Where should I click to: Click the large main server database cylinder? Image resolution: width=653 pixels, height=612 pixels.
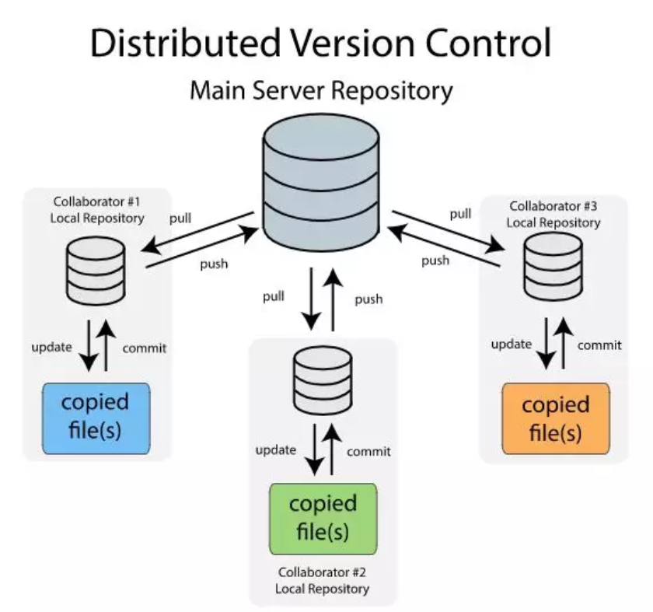(321, 184)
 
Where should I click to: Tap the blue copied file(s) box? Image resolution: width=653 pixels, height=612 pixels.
(96, 417)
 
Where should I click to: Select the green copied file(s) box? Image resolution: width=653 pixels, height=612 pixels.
(323, 517)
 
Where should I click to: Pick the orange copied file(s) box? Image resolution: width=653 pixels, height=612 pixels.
(556, 418)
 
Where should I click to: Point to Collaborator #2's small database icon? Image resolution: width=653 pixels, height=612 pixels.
(323, 381)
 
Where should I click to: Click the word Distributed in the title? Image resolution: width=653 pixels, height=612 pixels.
(184, 44)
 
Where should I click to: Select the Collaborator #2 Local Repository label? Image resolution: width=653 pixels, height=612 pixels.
(322, 581)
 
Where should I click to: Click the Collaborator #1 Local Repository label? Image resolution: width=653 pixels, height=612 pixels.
(97, 210)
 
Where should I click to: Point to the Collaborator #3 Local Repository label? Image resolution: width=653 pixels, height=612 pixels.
(553, 214)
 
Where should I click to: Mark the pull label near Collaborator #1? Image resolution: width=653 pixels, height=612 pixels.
(180, 219)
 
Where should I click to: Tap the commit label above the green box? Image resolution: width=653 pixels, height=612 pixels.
(368, 451)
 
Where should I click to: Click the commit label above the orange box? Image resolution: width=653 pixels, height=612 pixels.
(599, 344)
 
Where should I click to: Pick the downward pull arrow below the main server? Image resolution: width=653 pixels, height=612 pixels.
(312, 299)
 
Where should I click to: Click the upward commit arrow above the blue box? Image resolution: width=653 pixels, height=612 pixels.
(107, 347)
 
